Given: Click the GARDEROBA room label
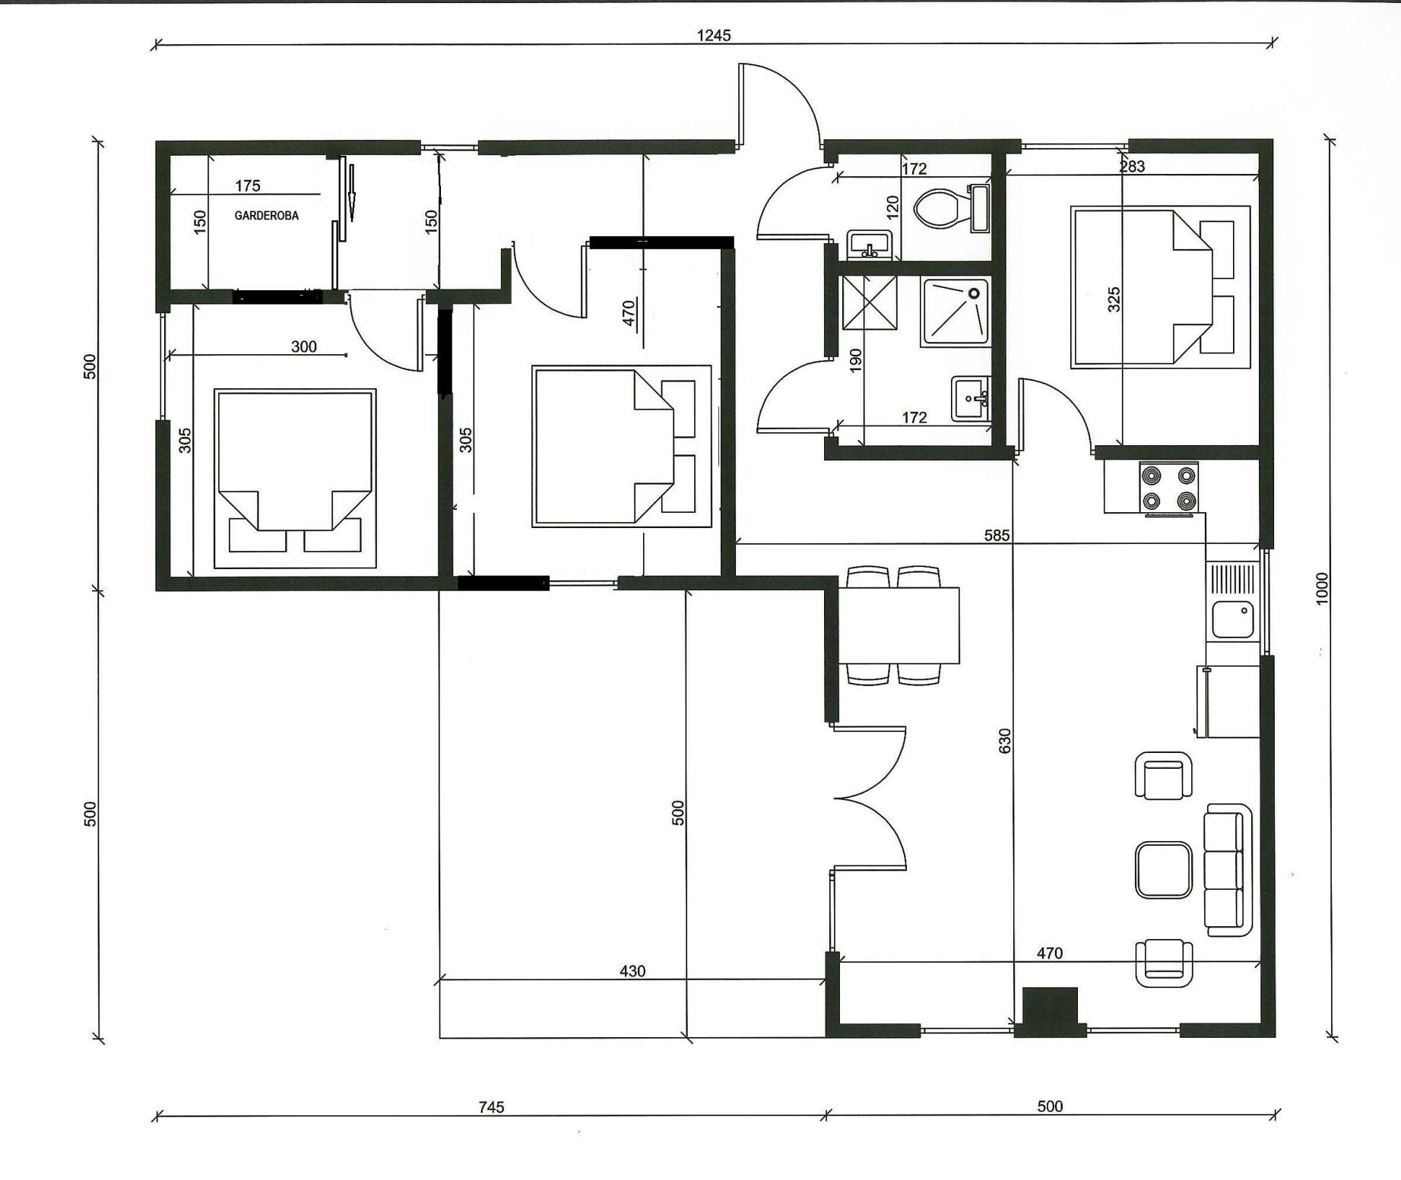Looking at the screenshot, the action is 266,216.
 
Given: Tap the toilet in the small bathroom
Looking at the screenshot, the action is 950,208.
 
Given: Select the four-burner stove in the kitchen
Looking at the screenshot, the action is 1168,487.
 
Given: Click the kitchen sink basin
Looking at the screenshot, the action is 1232,619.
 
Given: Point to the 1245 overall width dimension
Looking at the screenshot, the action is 714,35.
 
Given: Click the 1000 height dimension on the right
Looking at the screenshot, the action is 1322,589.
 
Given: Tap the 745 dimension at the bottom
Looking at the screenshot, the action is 492,1107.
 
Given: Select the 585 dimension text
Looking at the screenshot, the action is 997,535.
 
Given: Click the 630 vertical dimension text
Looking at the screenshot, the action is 1005,741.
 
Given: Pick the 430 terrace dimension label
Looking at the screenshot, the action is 632,971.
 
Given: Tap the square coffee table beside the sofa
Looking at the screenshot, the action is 1164,870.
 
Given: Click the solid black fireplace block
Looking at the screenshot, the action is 1051,1011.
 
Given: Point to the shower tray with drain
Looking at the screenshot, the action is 956,312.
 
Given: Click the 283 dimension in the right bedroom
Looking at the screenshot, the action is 1132,166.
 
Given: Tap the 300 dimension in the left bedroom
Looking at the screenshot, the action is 304,346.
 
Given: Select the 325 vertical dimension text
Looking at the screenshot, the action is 1114,299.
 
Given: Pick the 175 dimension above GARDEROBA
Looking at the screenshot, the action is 248,185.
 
